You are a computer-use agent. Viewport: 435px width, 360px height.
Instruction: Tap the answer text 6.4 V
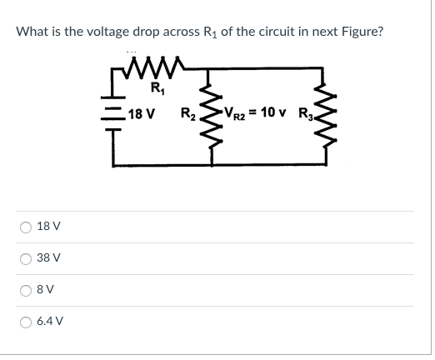point(51,320)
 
